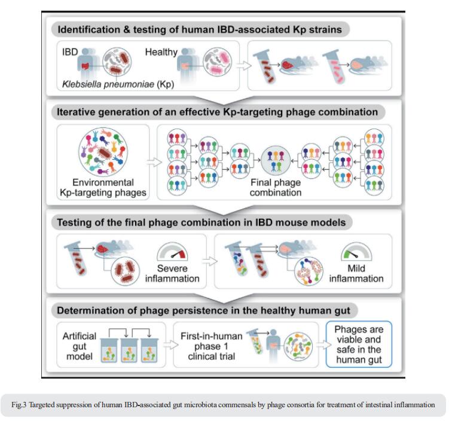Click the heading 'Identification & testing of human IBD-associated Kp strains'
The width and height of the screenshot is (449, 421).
(x=200, y=29)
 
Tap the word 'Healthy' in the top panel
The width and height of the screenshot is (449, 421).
(x=161, y=52)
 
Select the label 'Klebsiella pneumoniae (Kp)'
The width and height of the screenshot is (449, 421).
(x=118, y=84)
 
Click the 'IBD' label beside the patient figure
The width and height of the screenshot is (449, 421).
(x=70, y=52)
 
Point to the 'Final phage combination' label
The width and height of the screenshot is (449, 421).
(x=276, y=188)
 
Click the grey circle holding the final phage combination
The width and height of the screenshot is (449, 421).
(x=276, y=160)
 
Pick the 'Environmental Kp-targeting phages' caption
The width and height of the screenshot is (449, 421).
(x=103, y=188)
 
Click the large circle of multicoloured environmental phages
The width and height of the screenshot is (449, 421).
(x=103, y=152)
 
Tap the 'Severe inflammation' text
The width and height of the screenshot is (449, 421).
(x=172, y=273)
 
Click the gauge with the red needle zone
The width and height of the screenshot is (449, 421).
(x=172, y=251)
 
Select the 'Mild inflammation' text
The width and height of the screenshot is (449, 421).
(x=356, y=273)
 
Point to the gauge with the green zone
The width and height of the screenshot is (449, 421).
(x=356, y=251)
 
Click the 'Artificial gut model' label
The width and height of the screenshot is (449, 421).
(x=80, y=346)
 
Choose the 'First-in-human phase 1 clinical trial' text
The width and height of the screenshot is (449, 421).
(x=211, y=346)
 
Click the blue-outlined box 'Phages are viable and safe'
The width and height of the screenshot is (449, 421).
(x=359, y=344)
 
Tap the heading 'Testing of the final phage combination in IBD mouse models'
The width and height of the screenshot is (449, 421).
(x=201, y=222)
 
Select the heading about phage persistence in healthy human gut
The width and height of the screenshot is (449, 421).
(x=203, y=310)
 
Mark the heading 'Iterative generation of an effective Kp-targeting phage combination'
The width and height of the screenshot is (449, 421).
(x=218, y=112)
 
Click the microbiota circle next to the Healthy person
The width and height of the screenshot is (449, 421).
(x=218, y=62)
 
